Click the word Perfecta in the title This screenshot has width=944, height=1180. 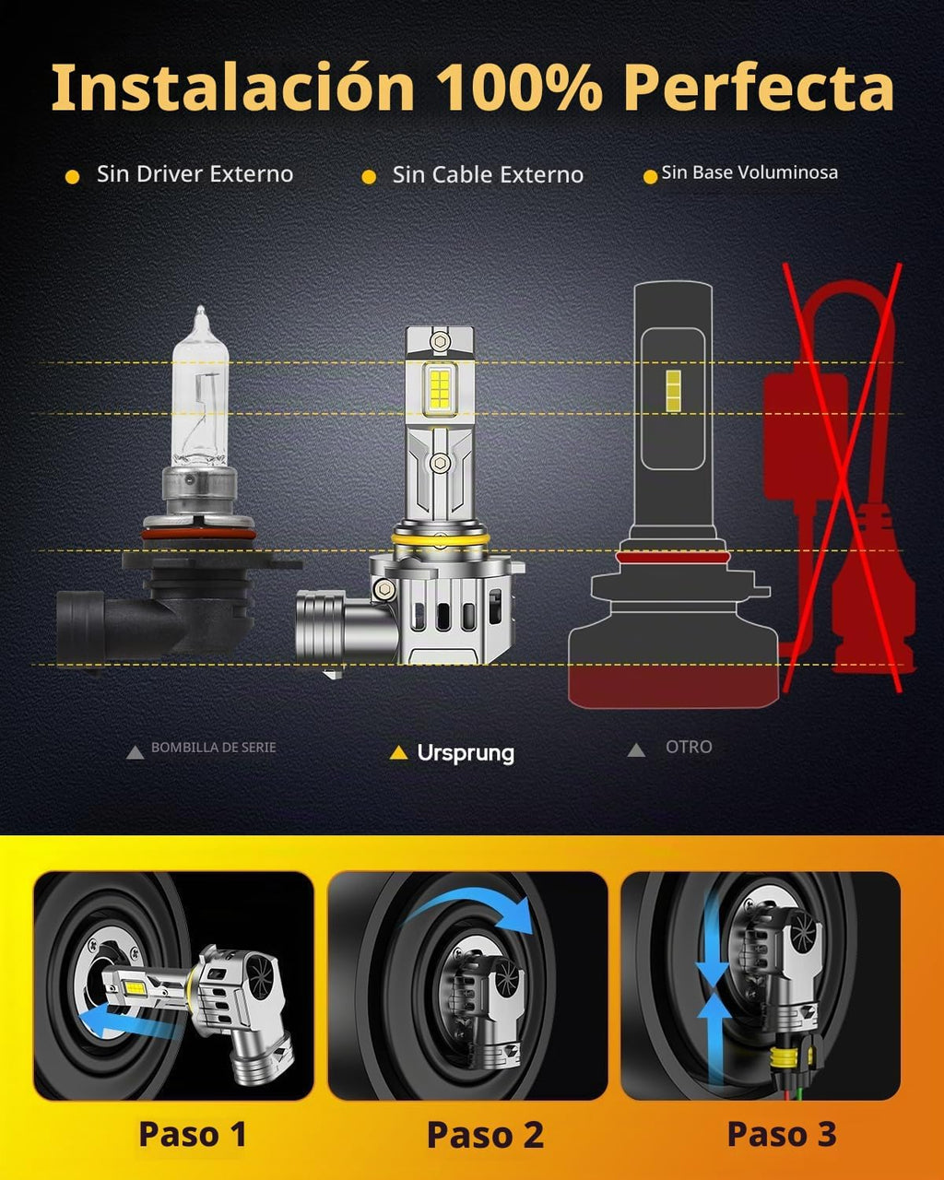pos(759,88)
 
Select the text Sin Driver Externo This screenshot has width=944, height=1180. pos(195,174)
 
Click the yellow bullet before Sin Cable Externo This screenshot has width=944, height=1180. pos(369,177)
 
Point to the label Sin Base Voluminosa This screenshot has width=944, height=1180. pos(749,172)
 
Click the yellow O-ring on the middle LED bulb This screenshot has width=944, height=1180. pos(440,540)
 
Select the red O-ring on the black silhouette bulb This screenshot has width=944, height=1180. pos(672,558)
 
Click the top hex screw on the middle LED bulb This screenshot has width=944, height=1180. pos(439,341)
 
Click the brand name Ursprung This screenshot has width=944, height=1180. pos(466,753)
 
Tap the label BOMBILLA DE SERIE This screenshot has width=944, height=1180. pos(213,748)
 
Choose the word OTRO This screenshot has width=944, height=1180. pos(689,747)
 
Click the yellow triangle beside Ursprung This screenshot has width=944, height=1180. pos(399,753)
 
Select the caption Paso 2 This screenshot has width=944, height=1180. pos(485,1135)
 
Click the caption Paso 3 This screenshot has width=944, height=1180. pos(782,1133)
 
